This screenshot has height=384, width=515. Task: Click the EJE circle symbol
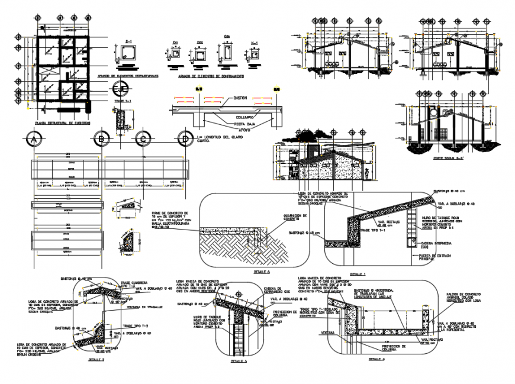(x=120, y=89)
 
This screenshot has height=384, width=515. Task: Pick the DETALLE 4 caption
(x=376, y=359)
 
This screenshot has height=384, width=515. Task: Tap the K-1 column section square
(x=255, y=55)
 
